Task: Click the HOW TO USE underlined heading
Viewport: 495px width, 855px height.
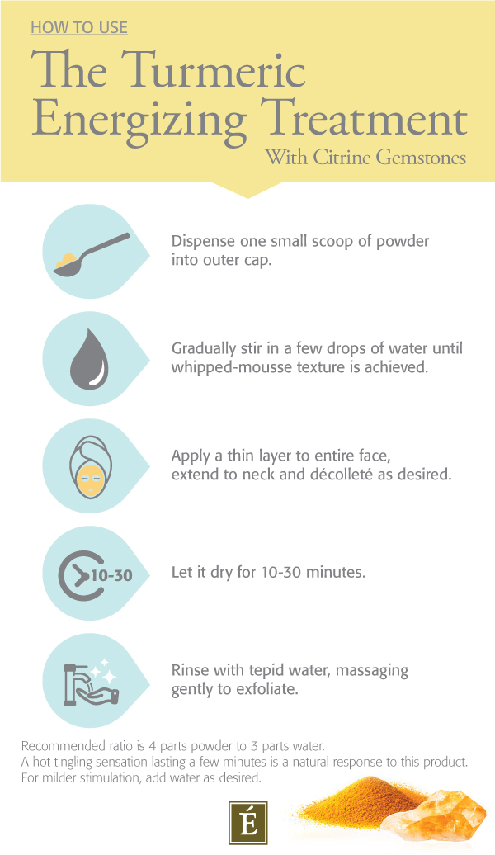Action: [x=78, y=28]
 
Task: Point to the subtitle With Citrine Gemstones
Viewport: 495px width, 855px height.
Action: [x=365, y=157]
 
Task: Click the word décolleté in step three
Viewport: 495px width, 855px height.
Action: [x=356, y=475]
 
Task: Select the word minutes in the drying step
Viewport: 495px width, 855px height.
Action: [x=333, y=571]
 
